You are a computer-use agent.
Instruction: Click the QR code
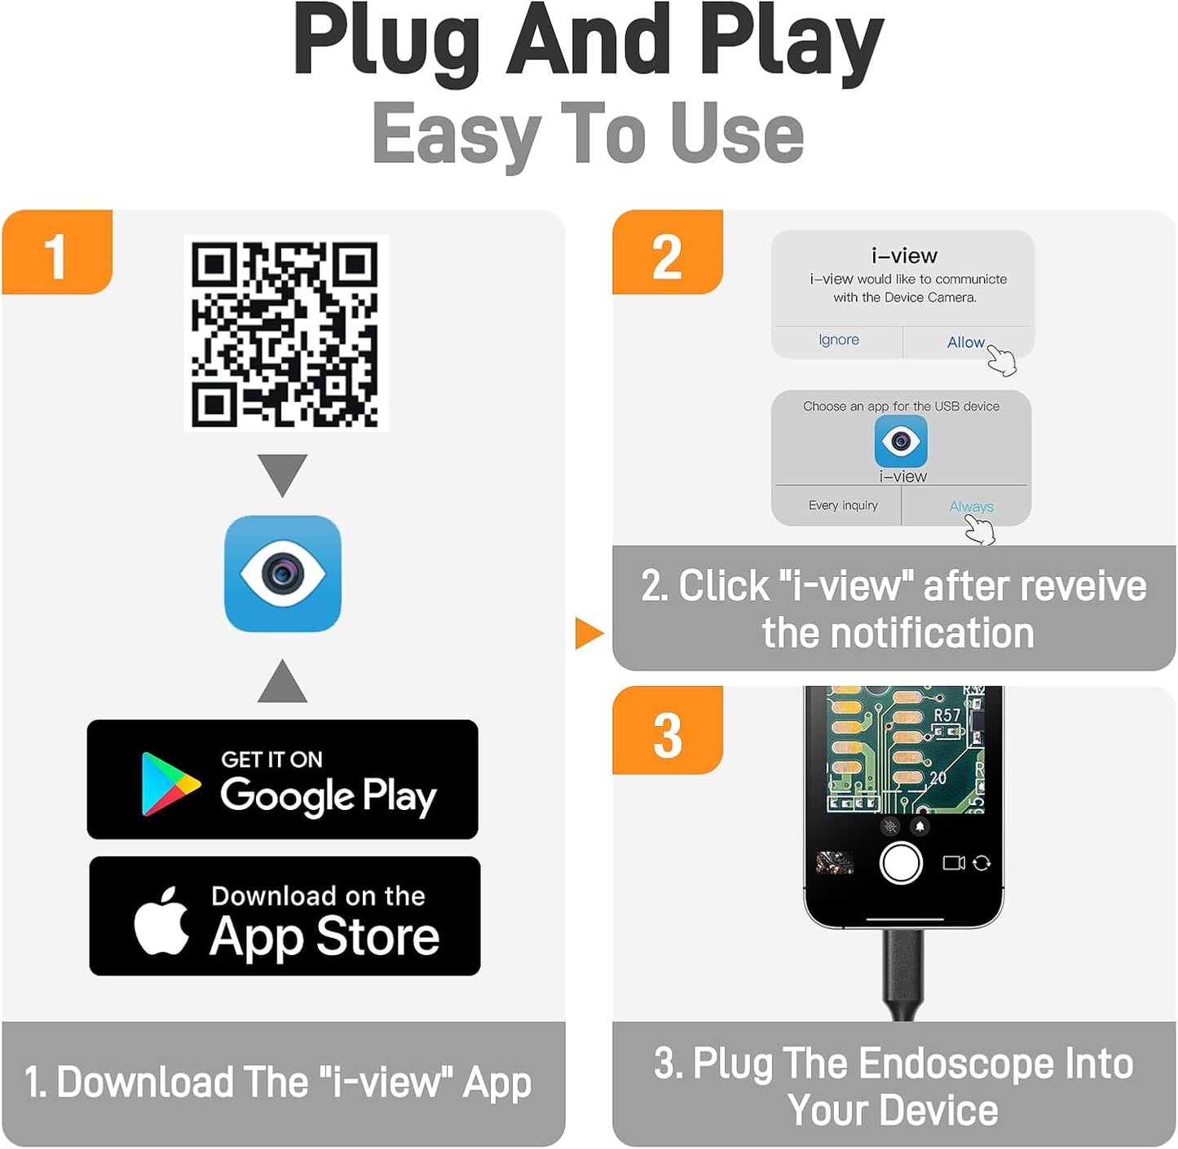[x=285, y=333]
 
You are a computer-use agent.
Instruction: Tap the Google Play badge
[x=283, y=779]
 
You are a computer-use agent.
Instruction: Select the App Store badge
[x=285, y=915]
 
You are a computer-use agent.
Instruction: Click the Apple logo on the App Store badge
[x=161, y=920]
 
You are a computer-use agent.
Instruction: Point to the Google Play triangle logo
[x=170, y=784]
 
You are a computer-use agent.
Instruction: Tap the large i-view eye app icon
[x=283, y=574]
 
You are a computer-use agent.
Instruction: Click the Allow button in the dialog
[x=965, y=342]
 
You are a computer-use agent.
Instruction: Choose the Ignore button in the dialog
[x=838, y=340]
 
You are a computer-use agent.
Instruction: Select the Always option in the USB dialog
[x=971, y=506]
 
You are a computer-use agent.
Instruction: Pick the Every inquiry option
[x=843, y=505]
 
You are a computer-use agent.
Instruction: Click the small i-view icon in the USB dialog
[x=901, y=441]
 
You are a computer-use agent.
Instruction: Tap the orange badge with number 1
[x=58, y=253]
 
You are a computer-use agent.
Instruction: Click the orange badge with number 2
[x=668, y=253]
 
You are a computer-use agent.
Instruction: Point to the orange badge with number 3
[x=668, y=730]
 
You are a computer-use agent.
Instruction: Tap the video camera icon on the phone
[x=954, y=863]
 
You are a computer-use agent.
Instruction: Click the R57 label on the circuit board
[x=946, y=715]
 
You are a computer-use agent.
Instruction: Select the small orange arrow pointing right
[x=589, y=633]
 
